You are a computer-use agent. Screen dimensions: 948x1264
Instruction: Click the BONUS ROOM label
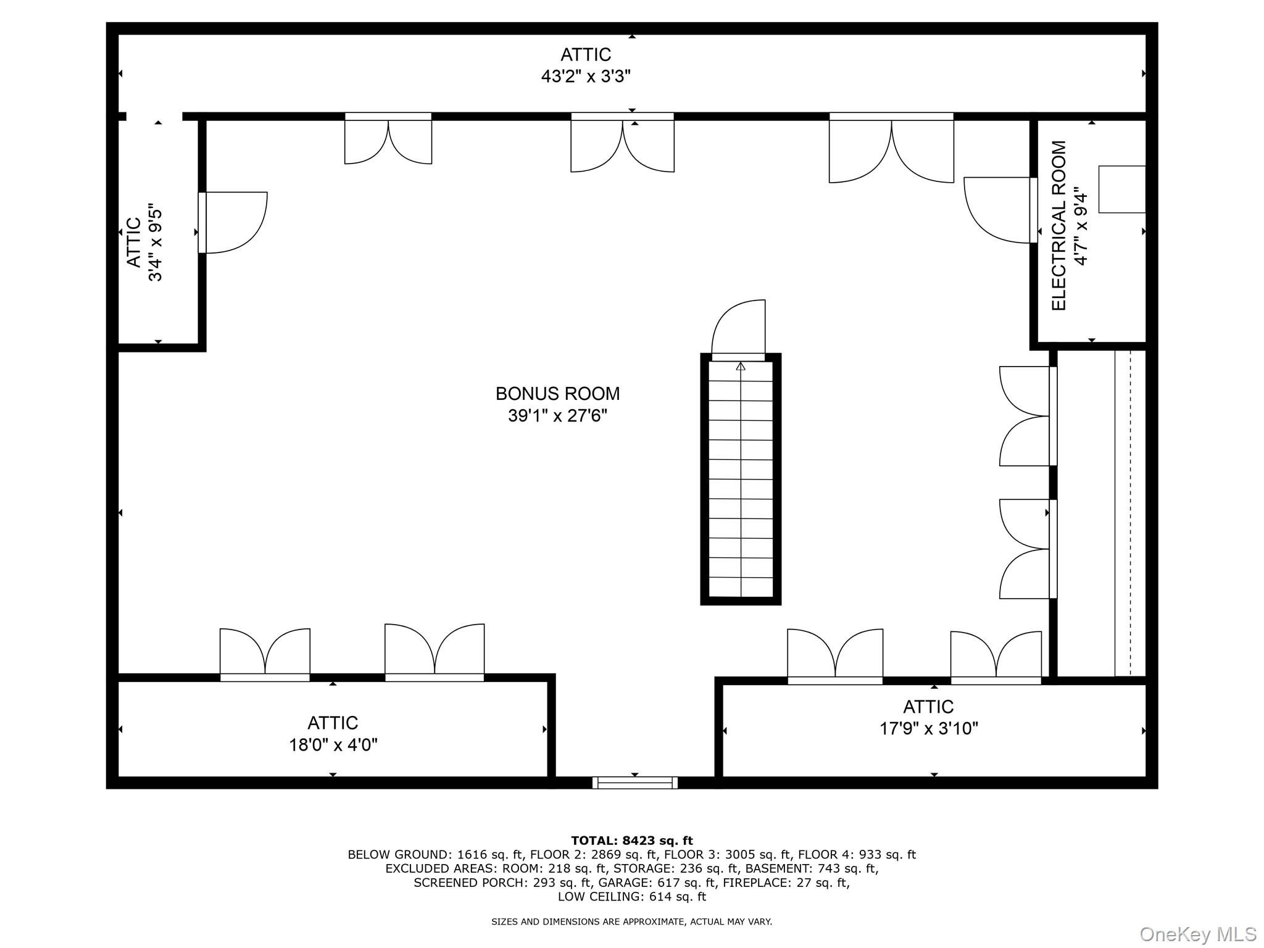(x=557, y=393)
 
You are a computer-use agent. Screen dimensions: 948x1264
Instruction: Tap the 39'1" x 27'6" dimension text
(x=557, y=415)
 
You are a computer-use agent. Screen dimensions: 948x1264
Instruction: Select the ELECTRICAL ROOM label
(x=1058, y=226)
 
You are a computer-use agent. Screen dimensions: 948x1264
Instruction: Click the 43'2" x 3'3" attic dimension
(x=586, y=77)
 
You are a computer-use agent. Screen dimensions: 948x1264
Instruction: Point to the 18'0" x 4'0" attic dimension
(x=333, y=745)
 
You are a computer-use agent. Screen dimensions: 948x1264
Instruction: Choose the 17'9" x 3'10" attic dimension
(x=928, y=729)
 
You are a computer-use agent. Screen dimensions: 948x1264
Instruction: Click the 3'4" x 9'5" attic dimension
(x=155, y=245)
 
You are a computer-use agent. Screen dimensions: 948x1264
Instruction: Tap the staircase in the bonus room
(x=740, y=478)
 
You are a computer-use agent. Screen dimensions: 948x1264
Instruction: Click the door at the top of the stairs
(x=739, y=328)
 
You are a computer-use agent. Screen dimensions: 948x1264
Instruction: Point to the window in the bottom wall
(x=634, y=783)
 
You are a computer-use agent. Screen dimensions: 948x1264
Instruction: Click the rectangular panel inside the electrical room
(x=1121, y=189)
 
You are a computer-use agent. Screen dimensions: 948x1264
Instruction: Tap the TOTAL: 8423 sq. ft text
(x=631, y=841)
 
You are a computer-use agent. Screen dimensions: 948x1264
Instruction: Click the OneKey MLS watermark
(x=1197, y=934)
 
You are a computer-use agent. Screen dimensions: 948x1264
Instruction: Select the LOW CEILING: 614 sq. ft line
(x=631, y=896)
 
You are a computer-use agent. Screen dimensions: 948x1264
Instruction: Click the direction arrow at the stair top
(x=741, y=367)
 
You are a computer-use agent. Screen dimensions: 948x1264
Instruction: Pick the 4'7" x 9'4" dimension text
(x=1080, y=226)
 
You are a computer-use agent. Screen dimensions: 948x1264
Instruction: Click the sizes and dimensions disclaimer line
(x=631, y=921)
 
